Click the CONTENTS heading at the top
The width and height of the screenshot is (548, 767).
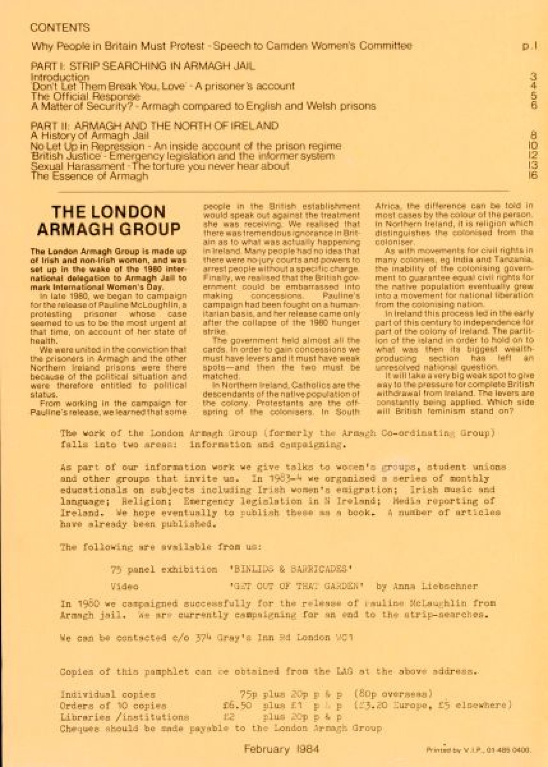[x=60, y=27]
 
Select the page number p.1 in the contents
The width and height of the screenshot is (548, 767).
[x=529, y=47]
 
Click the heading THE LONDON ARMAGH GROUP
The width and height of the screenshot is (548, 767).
[x=109, y=220]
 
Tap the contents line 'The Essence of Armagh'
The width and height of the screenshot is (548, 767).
[x=89, y=176]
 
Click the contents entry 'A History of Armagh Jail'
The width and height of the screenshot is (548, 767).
[x=90, y=136]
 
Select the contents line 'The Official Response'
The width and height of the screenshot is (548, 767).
[x=85, y=96]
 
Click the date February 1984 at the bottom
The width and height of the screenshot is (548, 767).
[x=281, y=749]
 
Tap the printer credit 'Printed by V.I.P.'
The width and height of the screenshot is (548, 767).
[x=478, y=750]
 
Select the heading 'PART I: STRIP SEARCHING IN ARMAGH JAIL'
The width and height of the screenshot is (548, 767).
[x=142, y=66]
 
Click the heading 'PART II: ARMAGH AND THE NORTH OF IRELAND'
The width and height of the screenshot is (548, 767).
[x=154, y=126]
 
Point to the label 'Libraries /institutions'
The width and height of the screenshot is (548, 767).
[x=125, y=717]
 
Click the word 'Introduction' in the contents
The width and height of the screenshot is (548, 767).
[x=60, y=77]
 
